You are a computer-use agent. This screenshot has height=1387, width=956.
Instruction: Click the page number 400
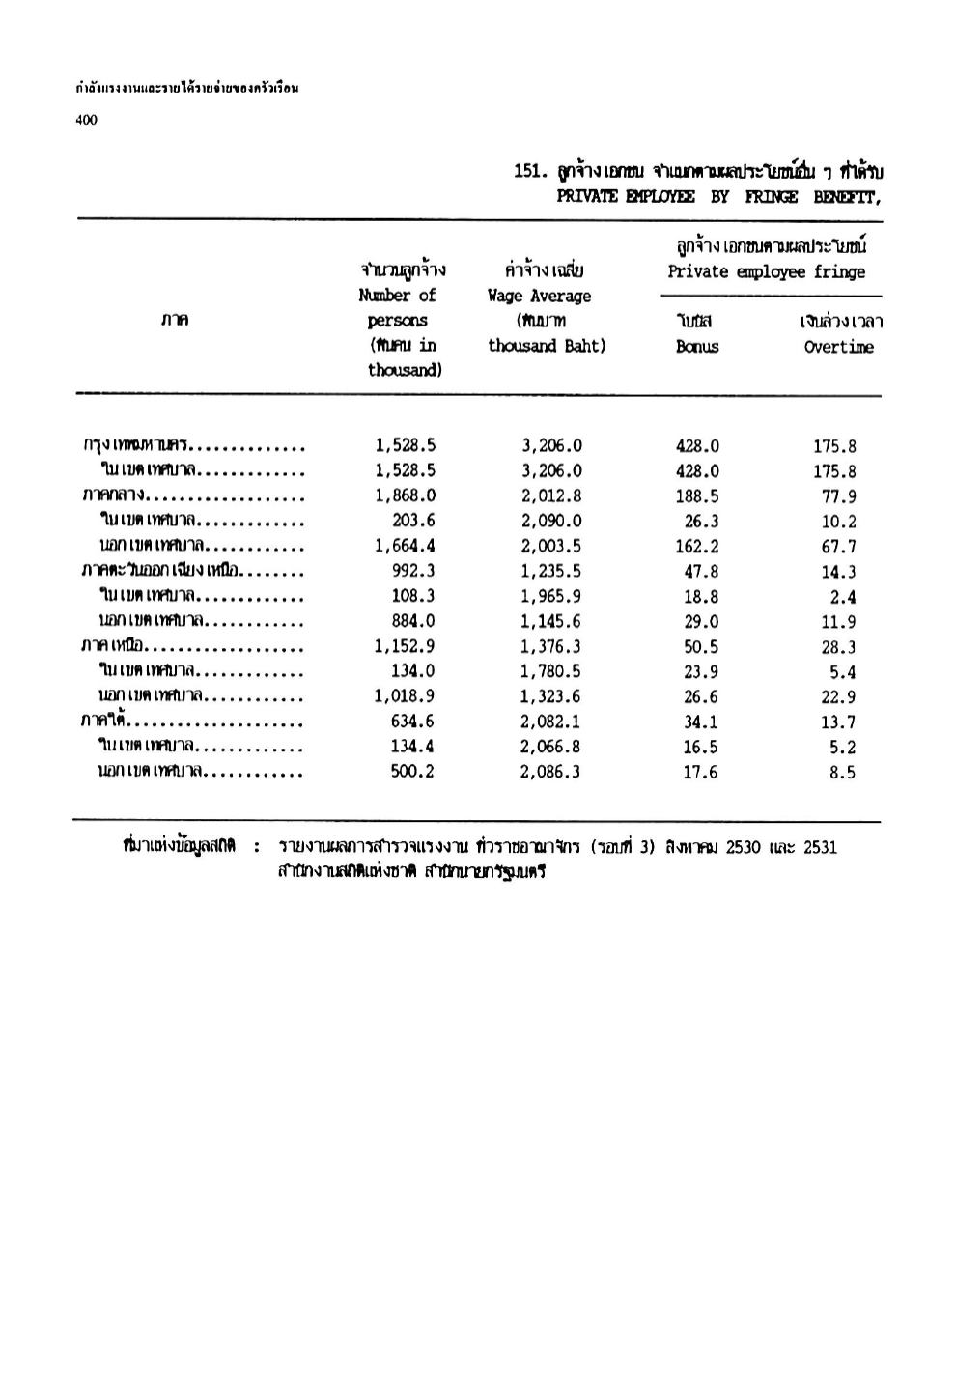pos(86,120)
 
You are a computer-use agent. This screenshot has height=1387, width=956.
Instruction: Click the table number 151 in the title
pos(527,172)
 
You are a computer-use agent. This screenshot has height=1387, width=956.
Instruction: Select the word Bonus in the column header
pos(696,346)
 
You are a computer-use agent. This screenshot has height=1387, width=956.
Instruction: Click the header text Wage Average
pos(539,296)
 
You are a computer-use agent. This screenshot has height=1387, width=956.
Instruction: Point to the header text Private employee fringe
pos(766,271)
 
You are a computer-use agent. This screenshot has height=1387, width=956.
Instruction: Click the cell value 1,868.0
pos(406,495)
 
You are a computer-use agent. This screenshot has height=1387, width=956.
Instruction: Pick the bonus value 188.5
pos(697,496)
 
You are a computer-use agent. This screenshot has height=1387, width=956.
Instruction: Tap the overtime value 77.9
pos(839,497)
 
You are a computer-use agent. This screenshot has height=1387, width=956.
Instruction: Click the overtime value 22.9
pos(839,697)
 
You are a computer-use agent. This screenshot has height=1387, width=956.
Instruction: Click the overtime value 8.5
pos(842,773)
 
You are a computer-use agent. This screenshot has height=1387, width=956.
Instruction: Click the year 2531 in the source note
pos(820,847)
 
